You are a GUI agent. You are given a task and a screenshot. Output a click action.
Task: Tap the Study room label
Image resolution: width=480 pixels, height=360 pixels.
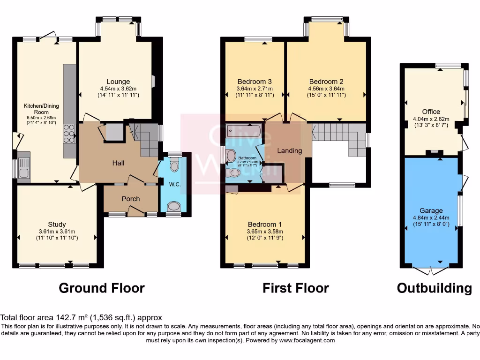click(x=57, y=224)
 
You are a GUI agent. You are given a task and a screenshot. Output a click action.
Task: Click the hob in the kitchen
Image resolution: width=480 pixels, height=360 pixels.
click(x=69, y=133)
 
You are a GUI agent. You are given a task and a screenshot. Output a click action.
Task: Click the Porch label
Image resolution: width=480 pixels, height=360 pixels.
click(x=131, y=199)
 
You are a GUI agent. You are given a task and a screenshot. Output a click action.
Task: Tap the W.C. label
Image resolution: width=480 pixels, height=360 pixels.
click(x=175, y=185)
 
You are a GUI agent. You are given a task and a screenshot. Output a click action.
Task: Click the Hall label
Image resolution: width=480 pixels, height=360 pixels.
click(x=118, y=163)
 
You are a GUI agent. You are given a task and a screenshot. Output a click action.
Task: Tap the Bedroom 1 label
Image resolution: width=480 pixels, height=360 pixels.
click(x=265, y=224)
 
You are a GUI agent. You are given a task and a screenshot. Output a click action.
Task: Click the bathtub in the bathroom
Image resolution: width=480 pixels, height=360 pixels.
click(x=243, y=130)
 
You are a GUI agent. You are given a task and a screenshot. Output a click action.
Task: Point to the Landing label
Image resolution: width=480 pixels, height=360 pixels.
click(x=289, y=150)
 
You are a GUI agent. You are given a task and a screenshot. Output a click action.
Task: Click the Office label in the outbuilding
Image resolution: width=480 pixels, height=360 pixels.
click(x=431, y=112)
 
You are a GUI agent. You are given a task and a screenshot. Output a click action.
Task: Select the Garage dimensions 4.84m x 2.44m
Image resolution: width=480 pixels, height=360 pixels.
click(x=431, y=217)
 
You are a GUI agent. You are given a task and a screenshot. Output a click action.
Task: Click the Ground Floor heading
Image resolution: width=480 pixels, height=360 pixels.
click(x=101, y=288)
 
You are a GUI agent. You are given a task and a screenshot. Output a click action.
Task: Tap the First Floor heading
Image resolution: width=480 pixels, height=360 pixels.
click(x=295, y=288)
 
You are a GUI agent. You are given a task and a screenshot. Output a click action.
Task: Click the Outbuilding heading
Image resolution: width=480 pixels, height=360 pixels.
click(x=434, y=288)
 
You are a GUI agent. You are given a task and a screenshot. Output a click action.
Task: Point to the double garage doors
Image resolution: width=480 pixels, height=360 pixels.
click(x=431, y=271)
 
